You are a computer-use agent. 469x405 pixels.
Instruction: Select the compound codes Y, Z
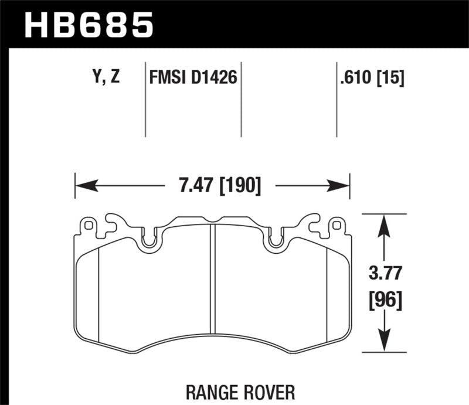(105, 77)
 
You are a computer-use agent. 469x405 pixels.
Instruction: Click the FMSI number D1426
(216, 77)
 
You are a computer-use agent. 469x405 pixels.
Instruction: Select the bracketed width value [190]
(239, 186)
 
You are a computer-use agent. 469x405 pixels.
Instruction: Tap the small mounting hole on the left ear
(89, 224)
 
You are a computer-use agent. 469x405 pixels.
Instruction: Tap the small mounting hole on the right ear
(335, 224)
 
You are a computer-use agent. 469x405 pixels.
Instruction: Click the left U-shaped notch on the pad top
(150, 240)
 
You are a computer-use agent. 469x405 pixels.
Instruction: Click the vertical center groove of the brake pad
(213, 287)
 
